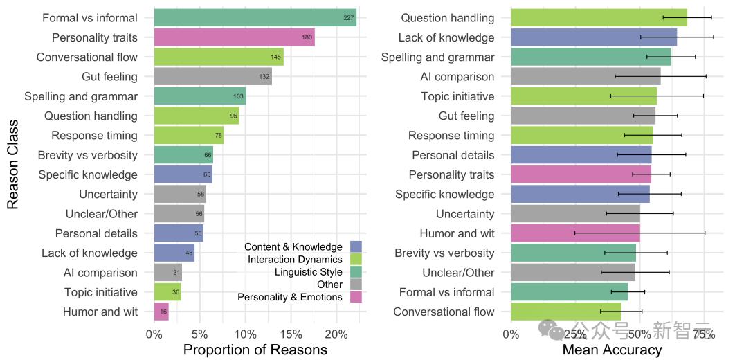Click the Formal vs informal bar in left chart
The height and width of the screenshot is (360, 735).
255,18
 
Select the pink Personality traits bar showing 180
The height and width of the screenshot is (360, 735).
234,37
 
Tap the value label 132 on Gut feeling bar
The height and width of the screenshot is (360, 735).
264,77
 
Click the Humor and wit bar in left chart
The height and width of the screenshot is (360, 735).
161,312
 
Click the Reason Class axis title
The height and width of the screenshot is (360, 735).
12,165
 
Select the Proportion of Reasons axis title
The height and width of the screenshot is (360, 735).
255,350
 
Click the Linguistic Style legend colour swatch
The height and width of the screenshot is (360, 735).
356,272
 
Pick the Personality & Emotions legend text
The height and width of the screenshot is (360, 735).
290,297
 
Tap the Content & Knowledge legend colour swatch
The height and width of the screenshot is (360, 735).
356,247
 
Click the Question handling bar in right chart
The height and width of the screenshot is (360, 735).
599,18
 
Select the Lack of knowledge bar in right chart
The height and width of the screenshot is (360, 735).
593,37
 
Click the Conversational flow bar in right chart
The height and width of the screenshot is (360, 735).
565,312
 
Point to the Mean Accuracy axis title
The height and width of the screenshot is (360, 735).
612,350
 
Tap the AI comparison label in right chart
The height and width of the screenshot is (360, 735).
457,77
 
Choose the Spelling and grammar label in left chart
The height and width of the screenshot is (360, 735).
81,96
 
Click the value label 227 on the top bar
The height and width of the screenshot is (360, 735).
349,19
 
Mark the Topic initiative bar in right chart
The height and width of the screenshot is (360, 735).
583,96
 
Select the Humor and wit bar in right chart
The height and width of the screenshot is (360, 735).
575,233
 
